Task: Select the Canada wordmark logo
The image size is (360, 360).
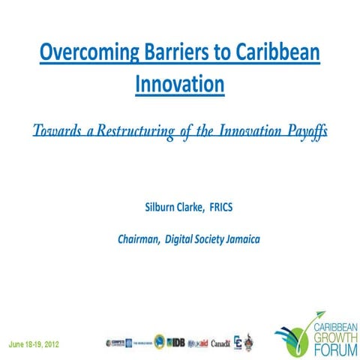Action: [220, 323]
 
